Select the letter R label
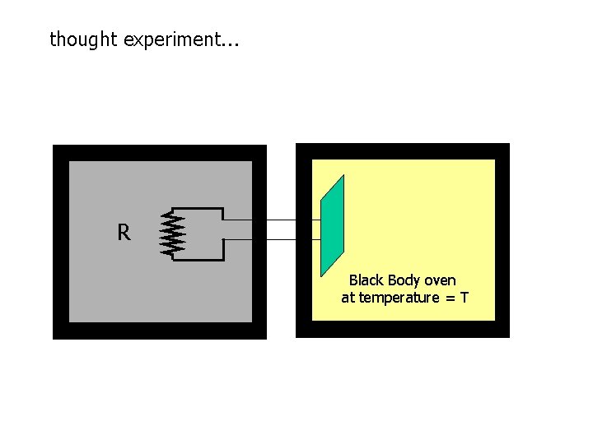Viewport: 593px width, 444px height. [124, 234]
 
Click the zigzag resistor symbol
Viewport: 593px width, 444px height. [173, 234]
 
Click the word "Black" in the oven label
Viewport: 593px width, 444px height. [366, 280]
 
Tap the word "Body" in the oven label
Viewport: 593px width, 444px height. [404, 280]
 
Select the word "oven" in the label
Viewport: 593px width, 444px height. [440, 280]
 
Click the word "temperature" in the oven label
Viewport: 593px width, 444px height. [399, 298]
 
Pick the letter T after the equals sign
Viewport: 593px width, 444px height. [465, 298]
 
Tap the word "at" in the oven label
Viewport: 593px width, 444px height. [348, 298]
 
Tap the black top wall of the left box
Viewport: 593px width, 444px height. [160, 153]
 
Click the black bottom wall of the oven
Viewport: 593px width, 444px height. [403, 329]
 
